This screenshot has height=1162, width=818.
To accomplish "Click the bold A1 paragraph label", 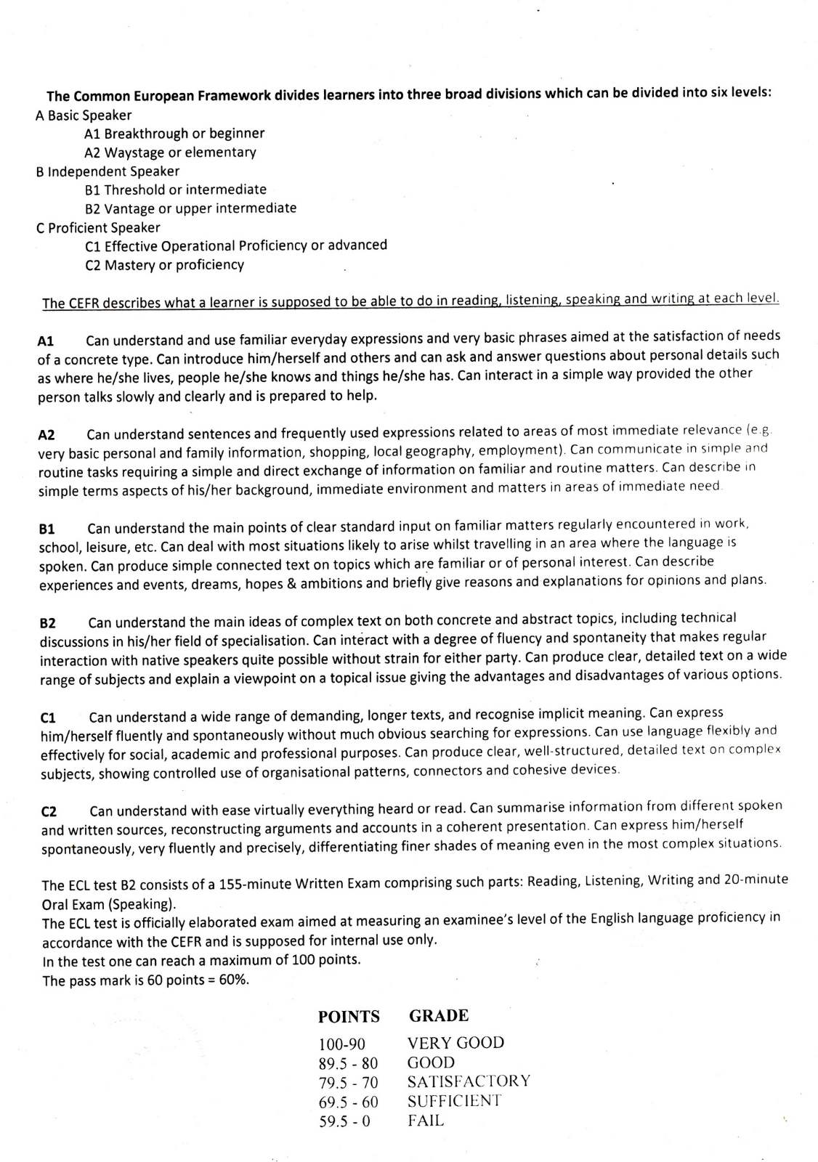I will pyautogui.click(x=46, y=341).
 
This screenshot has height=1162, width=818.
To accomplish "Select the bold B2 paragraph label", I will pyautogui.click(x=48, y=623).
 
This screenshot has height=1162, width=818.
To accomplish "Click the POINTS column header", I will pyautogui.click(x=349, y=1017).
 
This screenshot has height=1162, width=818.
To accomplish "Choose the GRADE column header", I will pyautogui.click(x=439, y=1015).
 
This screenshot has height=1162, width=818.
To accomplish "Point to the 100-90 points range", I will pyautogui.click(x=341, y=1044).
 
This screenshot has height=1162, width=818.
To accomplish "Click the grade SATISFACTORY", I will pyautogui.click(x=469, y=1081).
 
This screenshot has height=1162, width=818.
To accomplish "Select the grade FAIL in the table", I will pyautogui.click(x=426, y=1121).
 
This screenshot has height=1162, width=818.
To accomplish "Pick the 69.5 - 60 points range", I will pyautogui.click(x=348, y=1102).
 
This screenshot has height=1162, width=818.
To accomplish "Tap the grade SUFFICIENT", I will pyautogui.click(x=454, y=1101).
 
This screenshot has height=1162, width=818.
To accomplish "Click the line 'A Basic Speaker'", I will pyautogui.click(x=84, y=115).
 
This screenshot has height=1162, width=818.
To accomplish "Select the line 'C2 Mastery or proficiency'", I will pyautogui.click(x=164, y=265).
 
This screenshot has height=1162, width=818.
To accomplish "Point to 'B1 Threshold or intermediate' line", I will pyautogui.click(x=175, y=190).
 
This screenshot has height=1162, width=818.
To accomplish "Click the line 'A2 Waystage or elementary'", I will pyautogui.click(x=170, y=153).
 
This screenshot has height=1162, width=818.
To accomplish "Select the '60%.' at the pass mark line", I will pyautogui.click(x=233, y=980).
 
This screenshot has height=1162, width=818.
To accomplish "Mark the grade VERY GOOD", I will pyautogui.click(x=455, y=1043).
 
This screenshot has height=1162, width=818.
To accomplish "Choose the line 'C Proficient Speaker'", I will pyautogui.click(x=98, y=227).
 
